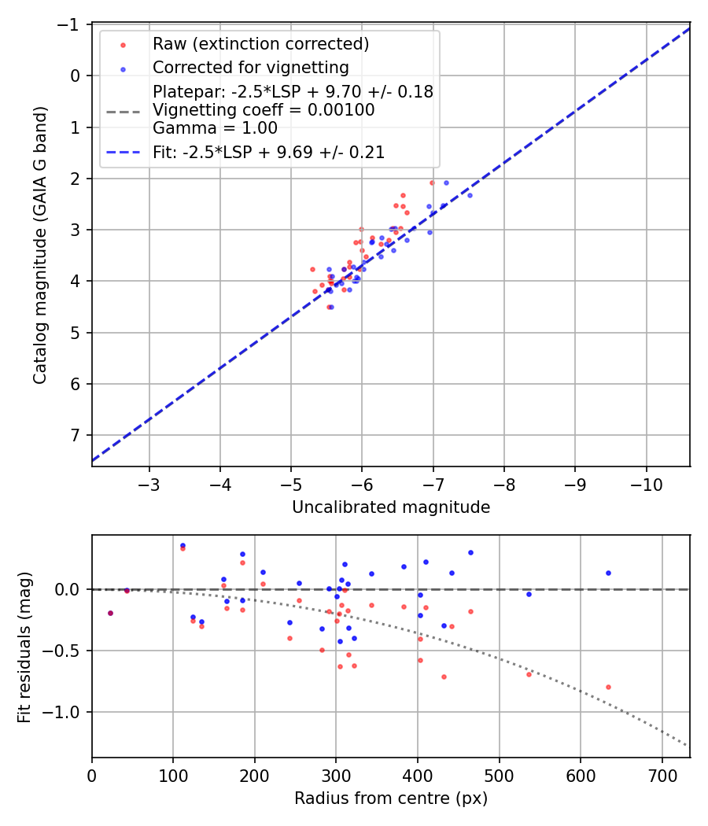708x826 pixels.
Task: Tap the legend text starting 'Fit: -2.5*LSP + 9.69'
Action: [269, 153]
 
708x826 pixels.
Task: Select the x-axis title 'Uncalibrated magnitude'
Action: [391, 507]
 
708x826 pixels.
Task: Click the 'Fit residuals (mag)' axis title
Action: [24, 647]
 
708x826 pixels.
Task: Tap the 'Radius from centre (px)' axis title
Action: [391, 798]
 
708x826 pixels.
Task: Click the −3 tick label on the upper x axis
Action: [149, 482]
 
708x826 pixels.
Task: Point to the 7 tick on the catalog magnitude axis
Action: [77, 435]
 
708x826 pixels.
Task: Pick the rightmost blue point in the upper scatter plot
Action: [470, 195]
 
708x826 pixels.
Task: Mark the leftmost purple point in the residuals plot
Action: [110, 613]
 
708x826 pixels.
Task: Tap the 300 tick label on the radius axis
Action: [336, 774]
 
